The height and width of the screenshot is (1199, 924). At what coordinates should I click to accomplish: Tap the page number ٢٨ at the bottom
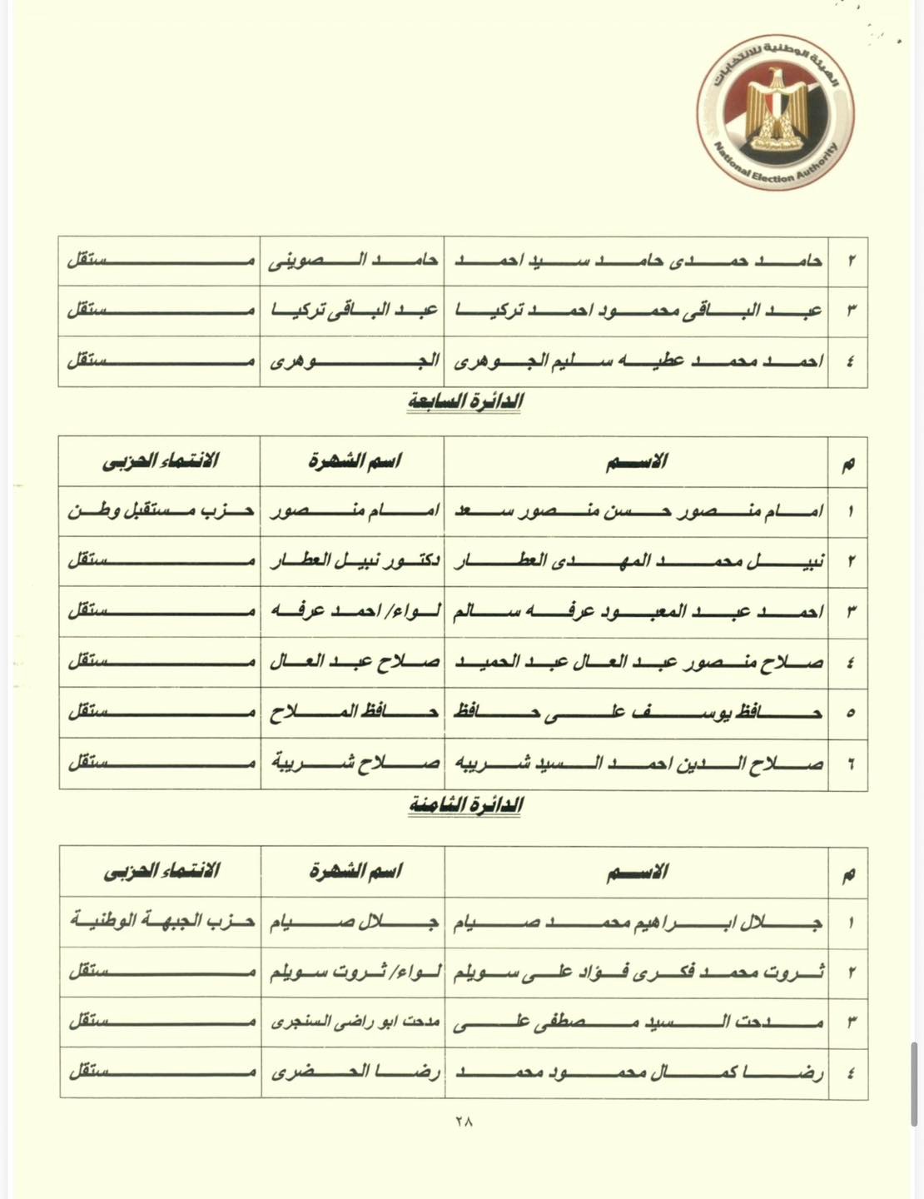coord(464,1122)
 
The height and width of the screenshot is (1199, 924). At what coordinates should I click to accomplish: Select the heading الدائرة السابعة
coord(464,401)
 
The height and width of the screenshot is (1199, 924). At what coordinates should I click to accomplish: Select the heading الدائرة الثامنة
coord(465,806)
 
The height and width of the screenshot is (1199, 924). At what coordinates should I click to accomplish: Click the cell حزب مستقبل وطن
coord(160,511)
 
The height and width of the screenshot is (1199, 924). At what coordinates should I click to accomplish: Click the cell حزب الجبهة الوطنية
coord(160,923)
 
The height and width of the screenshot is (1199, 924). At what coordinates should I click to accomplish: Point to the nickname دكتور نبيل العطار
coord(353,561)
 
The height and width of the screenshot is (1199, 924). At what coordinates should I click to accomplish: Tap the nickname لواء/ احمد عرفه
coord(353,612)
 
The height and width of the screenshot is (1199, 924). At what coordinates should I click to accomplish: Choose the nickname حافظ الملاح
coord(353,713)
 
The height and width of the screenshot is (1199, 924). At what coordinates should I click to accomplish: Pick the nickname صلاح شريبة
coord(353,764)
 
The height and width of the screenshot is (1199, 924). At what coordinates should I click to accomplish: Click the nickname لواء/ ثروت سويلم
coord(353,973)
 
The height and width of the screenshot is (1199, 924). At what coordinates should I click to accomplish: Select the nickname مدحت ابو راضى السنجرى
coord(353,1022)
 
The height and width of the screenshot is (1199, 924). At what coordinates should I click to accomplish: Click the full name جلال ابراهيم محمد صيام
coord(638,923)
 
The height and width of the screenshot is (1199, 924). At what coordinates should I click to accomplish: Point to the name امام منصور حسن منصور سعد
coord(638,511)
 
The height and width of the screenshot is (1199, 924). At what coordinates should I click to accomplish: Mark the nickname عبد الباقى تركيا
coord(353,311)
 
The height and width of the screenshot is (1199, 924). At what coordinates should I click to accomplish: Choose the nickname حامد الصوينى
coord(353,261)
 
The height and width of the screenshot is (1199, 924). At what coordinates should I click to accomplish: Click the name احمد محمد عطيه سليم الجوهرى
coord(638,361)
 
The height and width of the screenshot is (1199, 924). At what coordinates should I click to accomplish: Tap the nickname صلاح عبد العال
coord(353,663)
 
